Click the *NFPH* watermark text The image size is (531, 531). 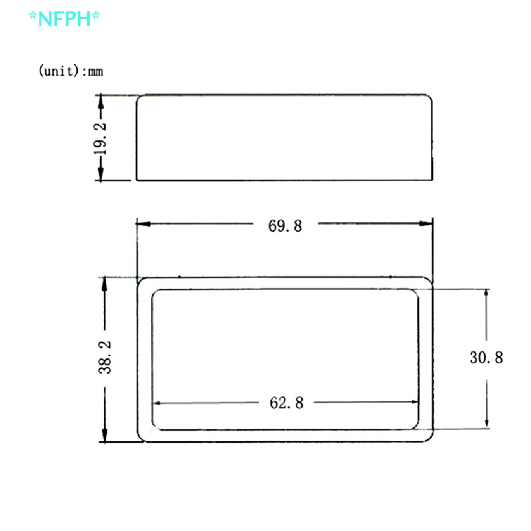[x=64, y=19]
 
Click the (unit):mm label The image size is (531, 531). [x=71, y=71]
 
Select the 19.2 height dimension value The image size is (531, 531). [x=102, y=138]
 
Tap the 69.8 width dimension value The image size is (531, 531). [x=285, y=226]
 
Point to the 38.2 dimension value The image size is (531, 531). [x=105, y=358]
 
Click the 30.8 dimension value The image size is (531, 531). [x=486, y=357]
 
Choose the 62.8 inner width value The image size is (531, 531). [x=286, y=402]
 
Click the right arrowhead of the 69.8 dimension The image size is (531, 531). [x=426, y=224]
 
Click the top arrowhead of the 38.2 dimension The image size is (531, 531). [x=105, y=283]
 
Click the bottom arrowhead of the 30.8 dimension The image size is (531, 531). [x=486, y=423]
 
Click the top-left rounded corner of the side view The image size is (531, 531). [x=139, y=97]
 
